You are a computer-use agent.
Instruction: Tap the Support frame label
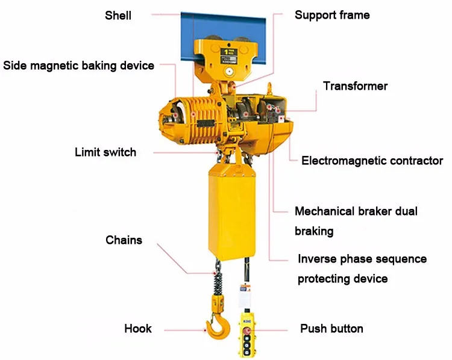click(x=332, y=15)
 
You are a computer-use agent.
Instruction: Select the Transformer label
click(x=355, y=86)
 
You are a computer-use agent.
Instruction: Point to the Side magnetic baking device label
click(x=79, y=65)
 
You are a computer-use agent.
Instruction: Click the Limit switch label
click(x=105, y=152)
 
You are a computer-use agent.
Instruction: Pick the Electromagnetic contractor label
click(x=372, y=161)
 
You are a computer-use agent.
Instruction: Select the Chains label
click(x=124, y=240)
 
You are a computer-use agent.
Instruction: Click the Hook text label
click(x=138, y=329)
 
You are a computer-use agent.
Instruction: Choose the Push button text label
click(x=331, y=329)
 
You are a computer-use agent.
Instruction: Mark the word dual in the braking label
click(x=405, y=211)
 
